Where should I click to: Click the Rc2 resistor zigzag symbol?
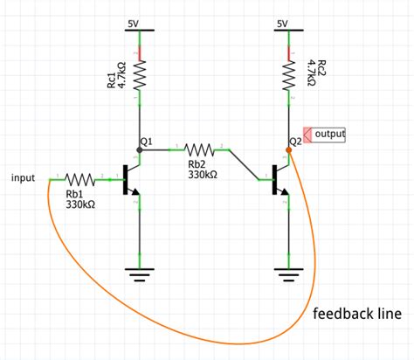(288, 76)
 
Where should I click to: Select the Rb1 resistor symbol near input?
(80, 178)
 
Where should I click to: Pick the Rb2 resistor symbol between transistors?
(201, 149)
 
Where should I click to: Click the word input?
(23, 178)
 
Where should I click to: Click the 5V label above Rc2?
(281, 23)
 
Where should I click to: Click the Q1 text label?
(146, 140)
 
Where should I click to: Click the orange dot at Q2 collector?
(288, 149)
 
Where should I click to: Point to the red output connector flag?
(307, 135)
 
